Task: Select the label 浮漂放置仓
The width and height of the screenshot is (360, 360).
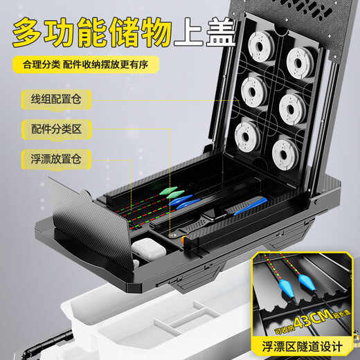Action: (53, 159)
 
